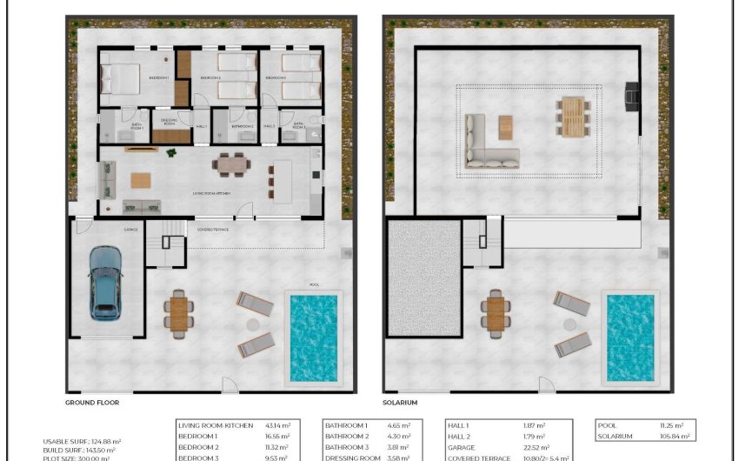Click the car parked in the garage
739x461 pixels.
(x=105, y=282)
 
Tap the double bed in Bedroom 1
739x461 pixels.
(x=122, y=78)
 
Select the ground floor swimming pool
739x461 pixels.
(x=312, y=337)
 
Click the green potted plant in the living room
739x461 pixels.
(x=171, y=153)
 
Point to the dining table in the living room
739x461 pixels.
(x=231, y=164)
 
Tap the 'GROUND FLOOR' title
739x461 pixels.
(x=92, y=403)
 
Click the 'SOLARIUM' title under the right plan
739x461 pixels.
(x=401, y=403)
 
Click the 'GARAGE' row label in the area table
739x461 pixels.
(x=461, y=447)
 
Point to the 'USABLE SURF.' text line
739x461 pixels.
(x=83, y=441)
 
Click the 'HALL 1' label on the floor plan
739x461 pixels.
(x=202, y=127)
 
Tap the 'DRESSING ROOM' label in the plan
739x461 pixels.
(x=170, y=123)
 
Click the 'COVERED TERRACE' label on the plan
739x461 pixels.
(x=214, y=230)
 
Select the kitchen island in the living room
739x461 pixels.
(x=283, y=183)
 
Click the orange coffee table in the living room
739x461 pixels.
(x=140, y=180)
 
